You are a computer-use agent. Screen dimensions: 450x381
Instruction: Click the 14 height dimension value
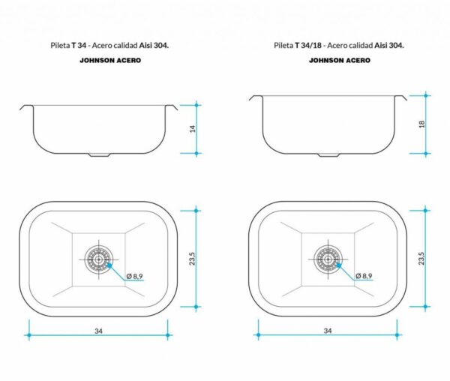point(193,129)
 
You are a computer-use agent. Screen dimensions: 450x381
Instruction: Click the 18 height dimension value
point(421,124)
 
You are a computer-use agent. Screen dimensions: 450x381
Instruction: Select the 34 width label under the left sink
point(98,331)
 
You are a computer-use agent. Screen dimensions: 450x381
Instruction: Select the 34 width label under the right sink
point(328,331)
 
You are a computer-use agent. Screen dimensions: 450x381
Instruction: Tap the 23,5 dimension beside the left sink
point(192,259)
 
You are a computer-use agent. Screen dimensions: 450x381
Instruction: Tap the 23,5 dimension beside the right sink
point(421,258)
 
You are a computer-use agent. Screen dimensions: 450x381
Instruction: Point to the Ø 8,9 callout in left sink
point(134,276)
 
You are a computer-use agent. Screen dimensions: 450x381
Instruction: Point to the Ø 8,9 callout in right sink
point(364,276)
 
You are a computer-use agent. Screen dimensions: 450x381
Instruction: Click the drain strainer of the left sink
point(99,259)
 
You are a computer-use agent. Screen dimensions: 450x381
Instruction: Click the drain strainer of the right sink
point(328,259)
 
